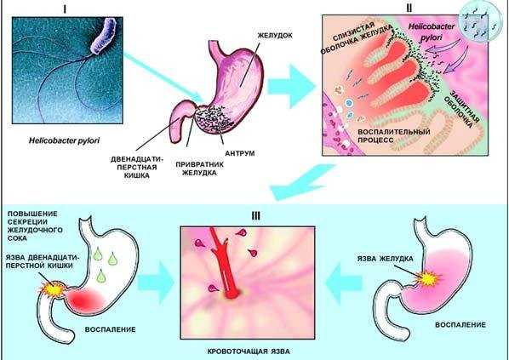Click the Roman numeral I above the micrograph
65,9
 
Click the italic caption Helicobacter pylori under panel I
64,141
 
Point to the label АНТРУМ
239,153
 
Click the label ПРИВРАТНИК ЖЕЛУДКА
196,169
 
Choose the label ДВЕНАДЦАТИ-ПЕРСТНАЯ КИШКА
137,167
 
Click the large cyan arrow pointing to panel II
290,86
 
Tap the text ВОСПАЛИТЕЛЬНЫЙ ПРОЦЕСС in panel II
394,136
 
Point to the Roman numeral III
256,216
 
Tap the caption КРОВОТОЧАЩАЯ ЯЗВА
249,351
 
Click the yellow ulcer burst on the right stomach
428,278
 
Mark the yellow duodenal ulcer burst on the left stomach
53,289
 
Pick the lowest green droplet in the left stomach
101,275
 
